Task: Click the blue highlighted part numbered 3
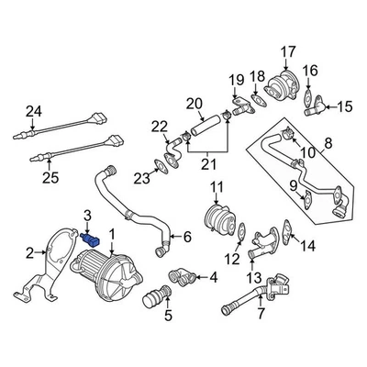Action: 91,239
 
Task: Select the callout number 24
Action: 34,112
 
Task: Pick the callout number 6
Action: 187,237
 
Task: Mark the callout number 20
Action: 194,103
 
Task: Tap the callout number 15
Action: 346,107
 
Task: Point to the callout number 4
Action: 214,276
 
